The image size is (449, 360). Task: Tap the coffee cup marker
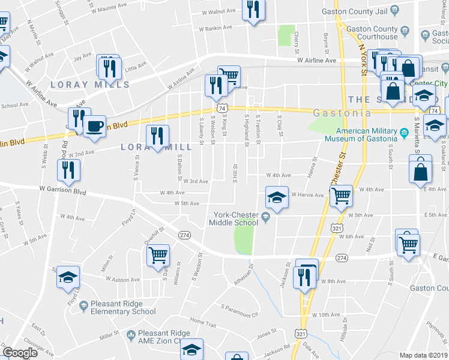pos(94,127)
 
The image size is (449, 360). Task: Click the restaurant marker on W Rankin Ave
pos(253,10)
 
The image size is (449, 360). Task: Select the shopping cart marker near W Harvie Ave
pos(341,196)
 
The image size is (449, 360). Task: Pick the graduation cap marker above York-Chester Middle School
pos(276,198)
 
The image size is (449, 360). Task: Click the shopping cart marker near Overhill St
pos(158,255)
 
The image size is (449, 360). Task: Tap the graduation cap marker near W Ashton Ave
pos(68,277)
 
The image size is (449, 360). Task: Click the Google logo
pos(20,353)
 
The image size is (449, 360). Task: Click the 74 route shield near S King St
pos(223,108)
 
